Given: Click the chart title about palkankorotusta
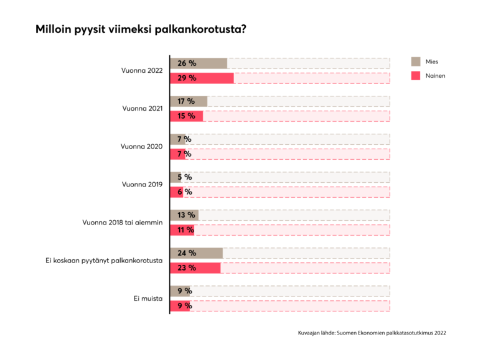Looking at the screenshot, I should click(141, 29).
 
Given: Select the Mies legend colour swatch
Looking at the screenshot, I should click(415, 62).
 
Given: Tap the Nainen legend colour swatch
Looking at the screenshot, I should click(415, 75).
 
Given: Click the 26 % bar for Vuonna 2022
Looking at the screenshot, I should click(199, 63).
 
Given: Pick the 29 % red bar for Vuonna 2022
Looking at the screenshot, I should click(202, 78).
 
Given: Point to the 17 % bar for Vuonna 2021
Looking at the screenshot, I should click(189, 101).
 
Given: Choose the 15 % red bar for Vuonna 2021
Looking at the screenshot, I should click(187, 116).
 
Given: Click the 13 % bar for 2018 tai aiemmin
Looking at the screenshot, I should click(184, 216).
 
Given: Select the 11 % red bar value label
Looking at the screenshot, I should click(186, 230).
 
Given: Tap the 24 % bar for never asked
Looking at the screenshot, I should click(196, 253).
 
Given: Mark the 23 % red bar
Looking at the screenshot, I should click(195, 268).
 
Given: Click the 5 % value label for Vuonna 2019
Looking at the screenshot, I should click(184, 177).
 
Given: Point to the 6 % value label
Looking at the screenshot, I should click(184, 192).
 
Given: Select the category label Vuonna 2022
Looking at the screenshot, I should click(141, 71).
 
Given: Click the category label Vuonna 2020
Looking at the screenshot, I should click(141, 147).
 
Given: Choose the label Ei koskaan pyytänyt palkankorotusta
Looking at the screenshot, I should click(104, 261).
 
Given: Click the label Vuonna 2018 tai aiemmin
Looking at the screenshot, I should click(123, 223).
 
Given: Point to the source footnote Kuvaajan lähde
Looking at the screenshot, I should click(372, 333).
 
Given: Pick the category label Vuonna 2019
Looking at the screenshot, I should click(141, 185).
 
